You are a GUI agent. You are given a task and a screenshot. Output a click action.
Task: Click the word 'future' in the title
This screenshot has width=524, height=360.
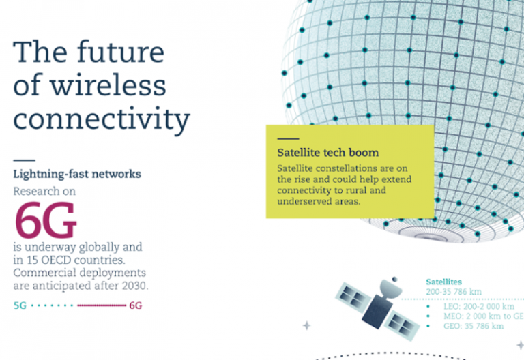[121, 52]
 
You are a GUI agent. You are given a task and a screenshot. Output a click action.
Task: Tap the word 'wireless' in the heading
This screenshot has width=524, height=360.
[108, 85]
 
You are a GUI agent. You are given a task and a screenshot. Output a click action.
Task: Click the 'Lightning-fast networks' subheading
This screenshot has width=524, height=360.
[77, 174]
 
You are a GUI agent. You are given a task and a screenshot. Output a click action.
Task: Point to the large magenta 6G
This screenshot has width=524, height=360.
[46, 220]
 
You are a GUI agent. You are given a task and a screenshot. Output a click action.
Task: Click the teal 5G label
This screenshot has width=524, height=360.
[20, 305]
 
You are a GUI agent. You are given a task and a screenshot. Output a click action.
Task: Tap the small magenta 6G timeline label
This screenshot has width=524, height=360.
[135, 305]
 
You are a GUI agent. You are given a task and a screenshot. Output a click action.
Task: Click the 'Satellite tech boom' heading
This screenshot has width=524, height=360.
[327, 153]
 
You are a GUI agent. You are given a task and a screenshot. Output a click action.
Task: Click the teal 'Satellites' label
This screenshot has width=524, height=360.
[443, 282]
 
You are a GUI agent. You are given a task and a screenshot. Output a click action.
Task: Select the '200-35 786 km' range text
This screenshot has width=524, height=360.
[454, 292]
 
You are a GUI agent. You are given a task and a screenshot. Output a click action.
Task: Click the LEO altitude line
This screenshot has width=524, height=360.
[479, 306]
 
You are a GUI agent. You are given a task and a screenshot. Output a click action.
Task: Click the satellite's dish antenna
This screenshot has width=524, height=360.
[391, 288]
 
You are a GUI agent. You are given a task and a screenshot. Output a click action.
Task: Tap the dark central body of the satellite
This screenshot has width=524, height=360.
[377, 311]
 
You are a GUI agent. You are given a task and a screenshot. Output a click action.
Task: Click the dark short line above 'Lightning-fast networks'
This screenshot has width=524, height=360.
[24, 160]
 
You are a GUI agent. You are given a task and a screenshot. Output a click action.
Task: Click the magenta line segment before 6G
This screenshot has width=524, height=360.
[102, 305]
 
